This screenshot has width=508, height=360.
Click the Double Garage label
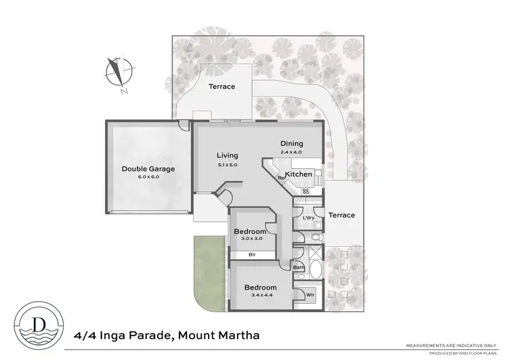tap(144, 169)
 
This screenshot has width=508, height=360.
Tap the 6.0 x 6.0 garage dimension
tap(144, 176)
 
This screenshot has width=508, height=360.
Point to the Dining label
tap(292, 144)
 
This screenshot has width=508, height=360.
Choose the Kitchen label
tap(298, 174)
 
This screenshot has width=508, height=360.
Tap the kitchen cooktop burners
tap(305, 192)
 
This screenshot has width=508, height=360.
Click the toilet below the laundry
tap(316, 237)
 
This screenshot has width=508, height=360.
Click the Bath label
tap(298, 268)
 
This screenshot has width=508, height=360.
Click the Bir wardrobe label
tap(251, 255)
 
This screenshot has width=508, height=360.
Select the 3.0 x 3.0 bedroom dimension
tap(248, 239)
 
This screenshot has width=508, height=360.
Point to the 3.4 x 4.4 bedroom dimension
tap(261, 296)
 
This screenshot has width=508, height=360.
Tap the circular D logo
tap(37, 319)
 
